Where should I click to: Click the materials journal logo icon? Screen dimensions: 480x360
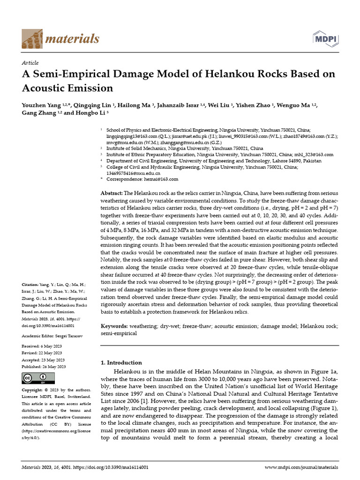click(31, 38)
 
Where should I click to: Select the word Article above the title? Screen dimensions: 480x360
click(30, 63)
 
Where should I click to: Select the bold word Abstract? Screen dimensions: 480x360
click(112, 194)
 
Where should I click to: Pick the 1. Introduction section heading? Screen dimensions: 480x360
click(121, 362)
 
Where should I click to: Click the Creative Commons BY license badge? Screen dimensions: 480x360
click(38, 378)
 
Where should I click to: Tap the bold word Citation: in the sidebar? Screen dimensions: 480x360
click(31, 285)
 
